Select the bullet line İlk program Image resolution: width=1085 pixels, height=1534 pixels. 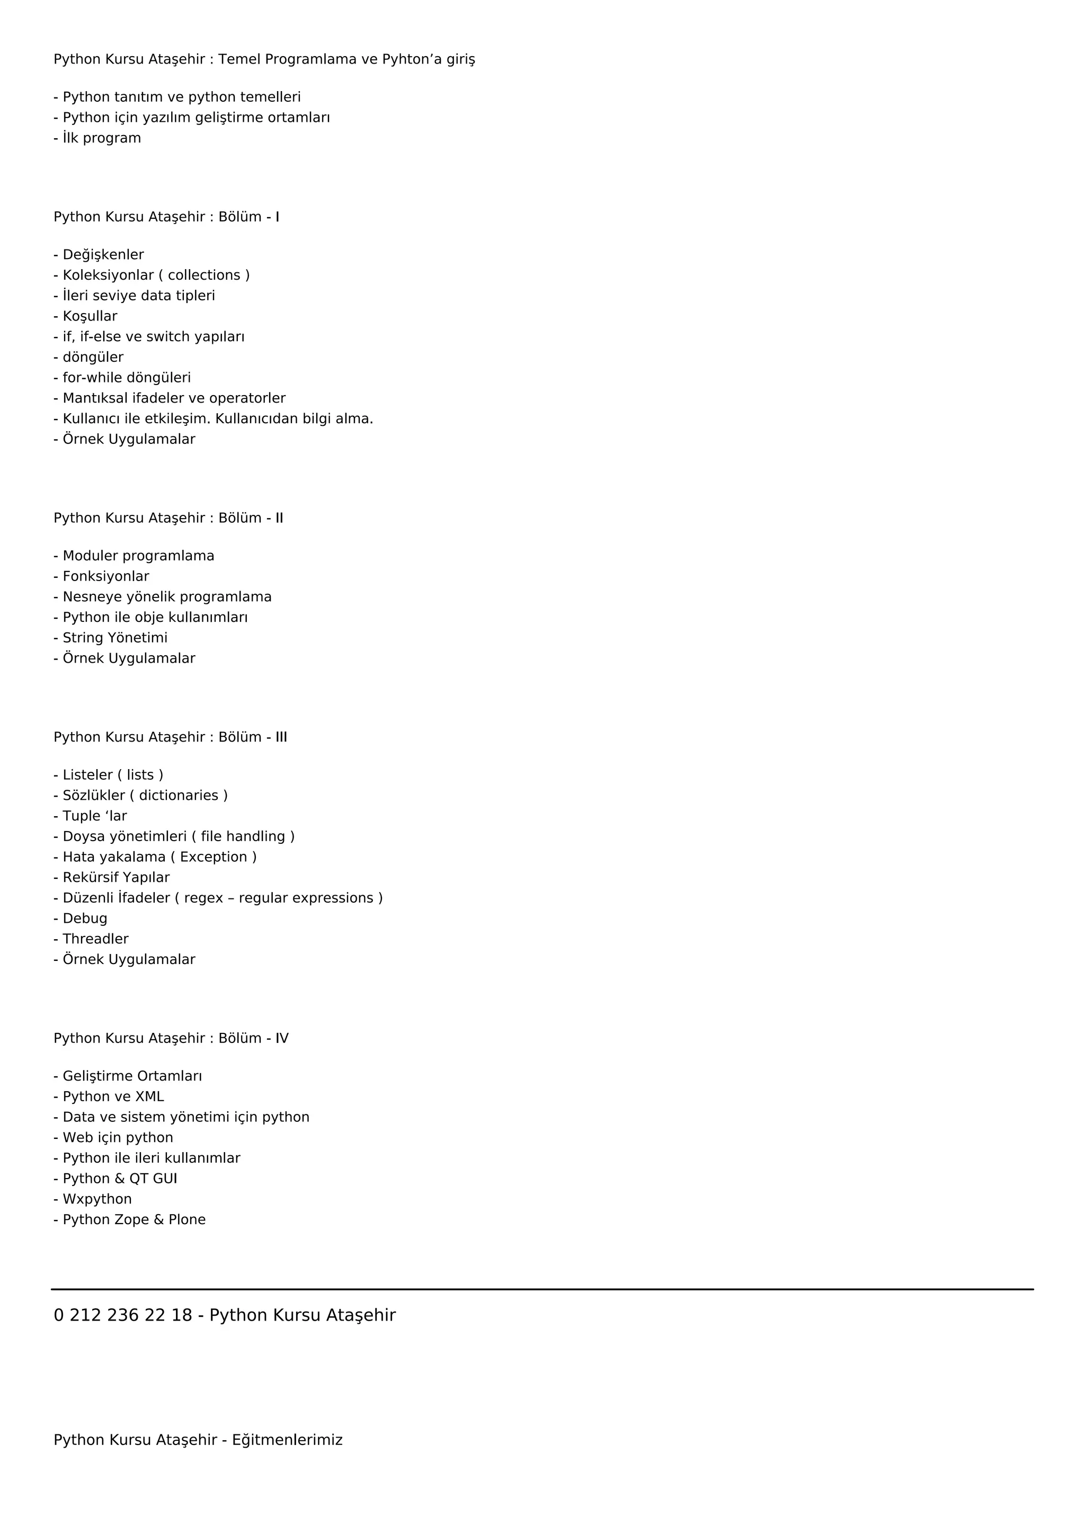pos(102,138)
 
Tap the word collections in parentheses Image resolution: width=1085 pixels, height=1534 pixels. pos(204,275)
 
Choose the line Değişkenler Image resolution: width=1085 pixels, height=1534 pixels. pos(103,255)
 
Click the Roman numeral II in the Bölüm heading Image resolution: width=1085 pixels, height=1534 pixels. pos(279,518)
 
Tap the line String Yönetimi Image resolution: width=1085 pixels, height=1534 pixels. pos(115,637)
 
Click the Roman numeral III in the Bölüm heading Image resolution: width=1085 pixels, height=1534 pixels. pos(281,737)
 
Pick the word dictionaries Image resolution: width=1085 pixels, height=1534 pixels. pos(179,795)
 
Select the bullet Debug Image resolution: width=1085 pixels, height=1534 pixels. pos(85,918)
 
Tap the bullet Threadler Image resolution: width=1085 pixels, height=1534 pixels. pos(95,939)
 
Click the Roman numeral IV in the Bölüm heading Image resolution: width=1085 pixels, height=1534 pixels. pos(282,1038)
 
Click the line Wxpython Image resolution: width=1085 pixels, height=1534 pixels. pos(97,1199)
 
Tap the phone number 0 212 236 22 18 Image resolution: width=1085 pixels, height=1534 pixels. pos(123,1315)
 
